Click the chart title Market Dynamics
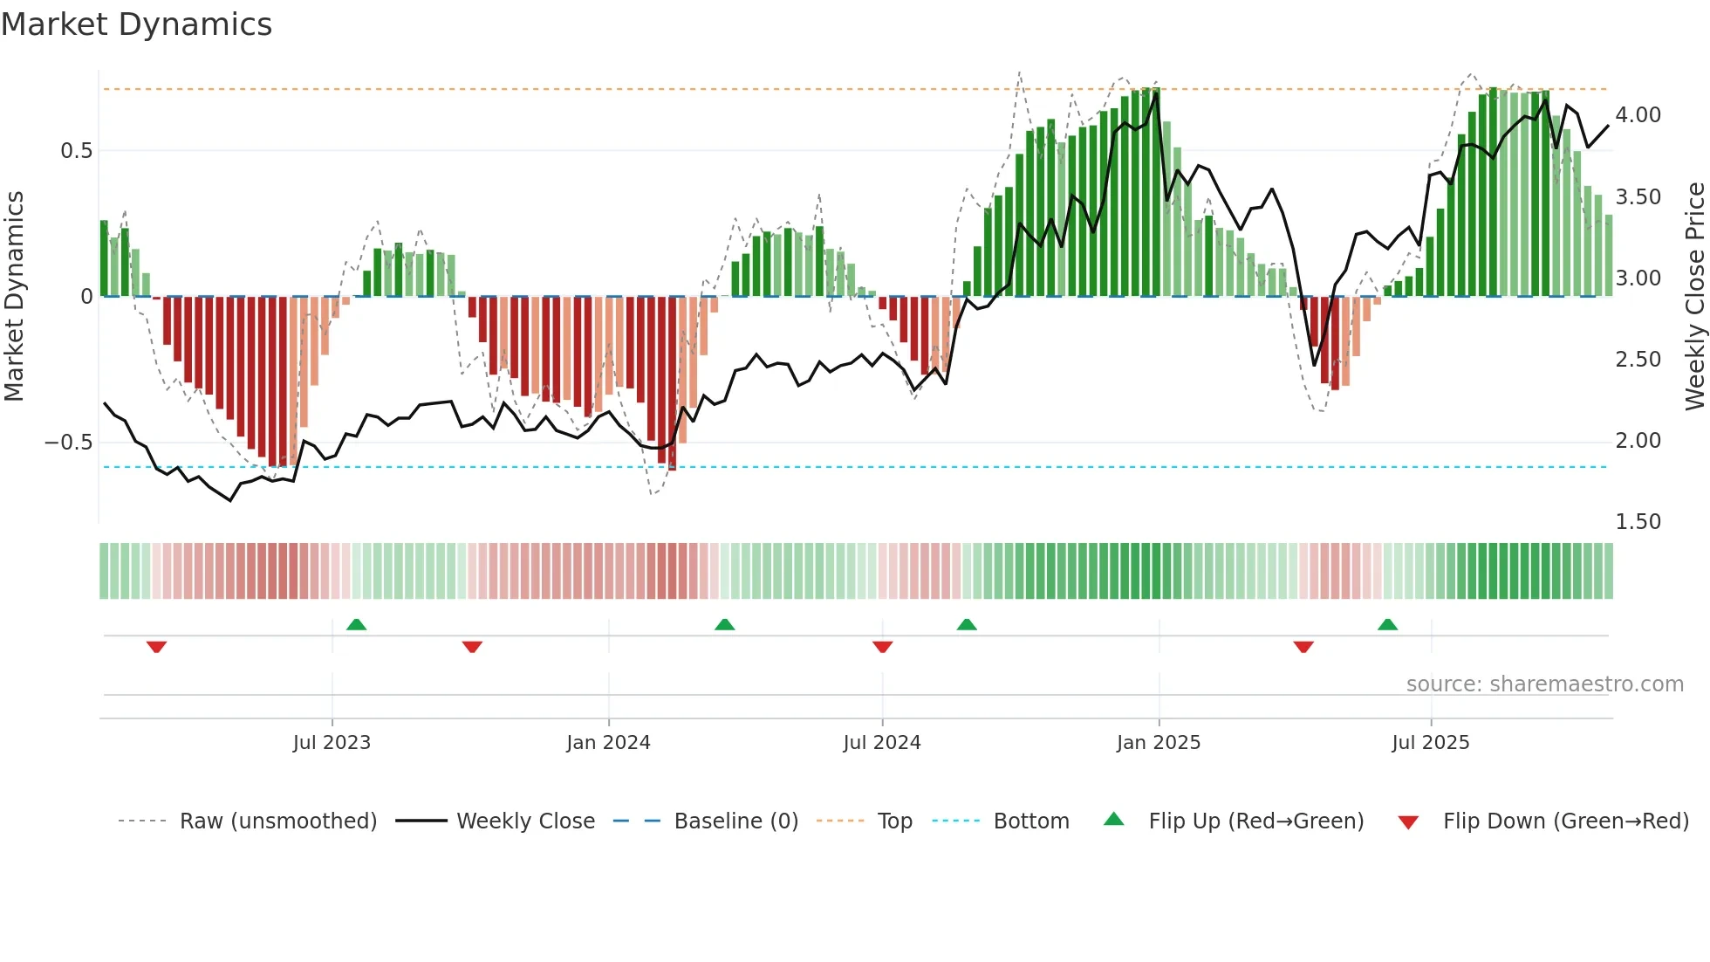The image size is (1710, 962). (136, 24)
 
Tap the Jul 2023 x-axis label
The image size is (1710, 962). (332, 743)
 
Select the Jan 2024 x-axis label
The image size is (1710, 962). (608, 743)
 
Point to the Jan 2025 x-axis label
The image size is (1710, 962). (1159, 743)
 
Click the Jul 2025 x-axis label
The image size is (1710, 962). (1431, 743)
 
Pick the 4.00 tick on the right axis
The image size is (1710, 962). (1638, 115)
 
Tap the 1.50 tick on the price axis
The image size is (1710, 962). (1638, 522)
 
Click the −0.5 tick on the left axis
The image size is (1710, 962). (68, 443)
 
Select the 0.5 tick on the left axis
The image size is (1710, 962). (76, 151)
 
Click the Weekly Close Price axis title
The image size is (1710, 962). (1694, 297)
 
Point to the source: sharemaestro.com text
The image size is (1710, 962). (1544, 684)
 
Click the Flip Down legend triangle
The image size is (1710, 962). (1408, 822)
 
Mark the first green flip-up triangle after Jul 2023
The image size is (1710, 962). (356, 624)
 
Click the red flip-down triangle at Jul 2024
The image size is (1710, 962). (882, 647)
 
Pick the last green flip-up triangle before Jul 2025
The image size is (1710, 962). (1387, 624)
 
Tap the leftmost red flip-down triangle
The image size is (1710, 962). (156, 647)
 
